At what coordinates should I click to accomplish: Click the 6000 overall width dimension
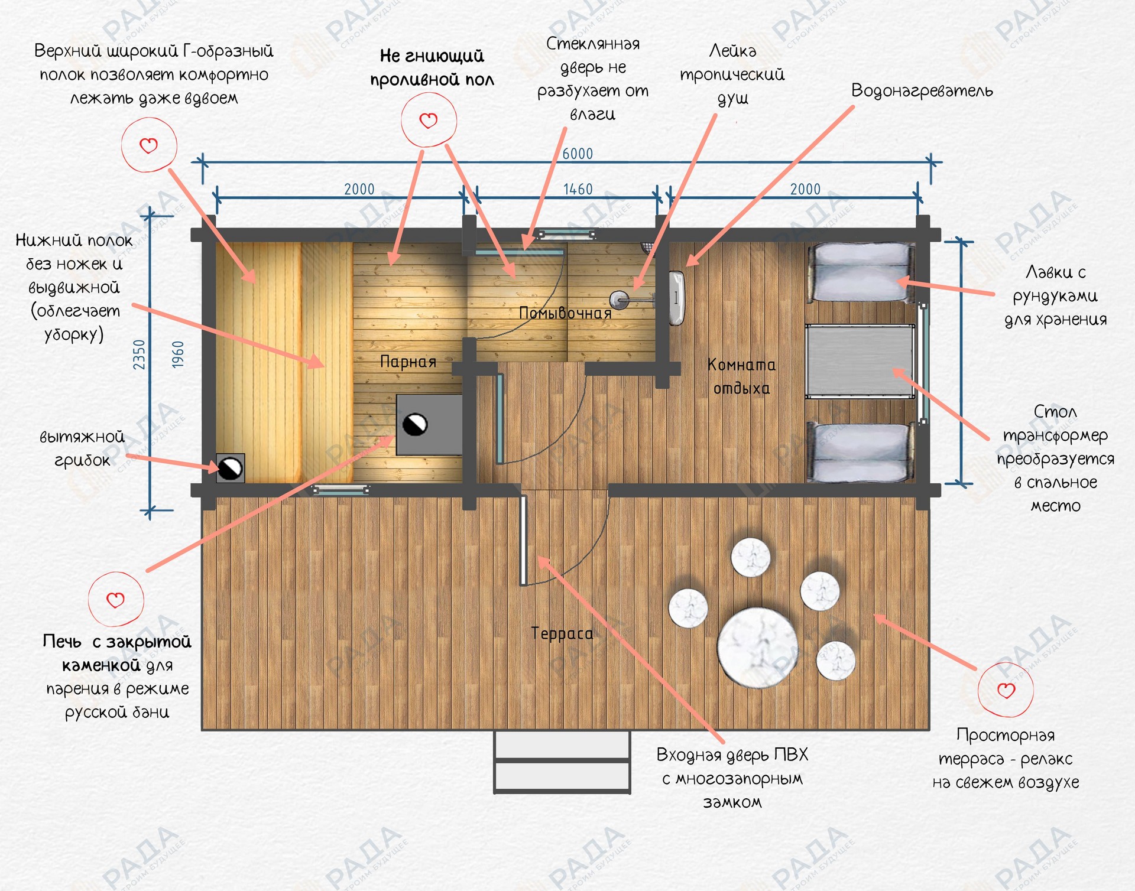pyautogui.click(x=577, y=154)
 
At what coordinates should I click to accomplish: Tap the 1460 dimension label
pyautogui.click(x=578, y=189)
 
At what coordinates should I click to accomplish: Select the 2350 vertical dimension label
pyautogui.click(x=139, y=355)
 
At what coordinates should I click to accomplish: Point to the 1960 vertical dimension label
pyautogui.click(x=178, y=355)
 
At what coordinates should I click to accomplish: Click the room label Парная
pyautogui.click(x=408, y=362)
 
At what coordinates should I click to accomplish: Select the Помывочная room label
pyautogui.click(x=565, y=313)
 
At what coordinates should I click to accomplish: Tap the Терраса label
pyautogui.click(x=562, y=633)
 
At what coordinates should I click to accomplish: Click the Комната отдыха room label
pyautogui.click(x=741, y=376)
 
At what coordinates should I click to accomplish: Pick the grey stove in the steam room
pyautogui.click(x=429, y=425)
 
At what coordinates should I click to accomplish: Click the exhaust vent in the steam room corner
pyautogui.click(x=230, y=469)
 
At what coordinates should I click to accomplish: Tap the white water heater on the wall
pyautogui.click(x=676, y=298)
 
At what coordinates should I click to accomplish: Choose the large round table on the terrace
pyautogui.click(x=757, y=648)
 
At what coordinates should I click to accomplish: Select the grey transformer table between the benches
pyautogui.click(x=860, y=362)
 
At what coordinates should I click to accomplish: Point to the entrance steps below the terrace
pyautogui.click(x=562, y=762)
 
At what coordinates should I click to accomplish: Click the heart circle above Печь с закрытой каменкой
pyautogui.click(x=116, y=599)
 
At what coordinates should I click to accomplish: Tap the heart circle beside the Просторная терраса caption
pyautogui.click(x=1006, y=690)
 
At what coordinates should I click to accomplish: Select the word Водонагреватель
pyautogui.click(x=922, y=91)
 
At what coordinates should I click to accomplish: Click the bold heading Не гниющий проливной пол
pyautogui.click(x=432, y=68)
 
